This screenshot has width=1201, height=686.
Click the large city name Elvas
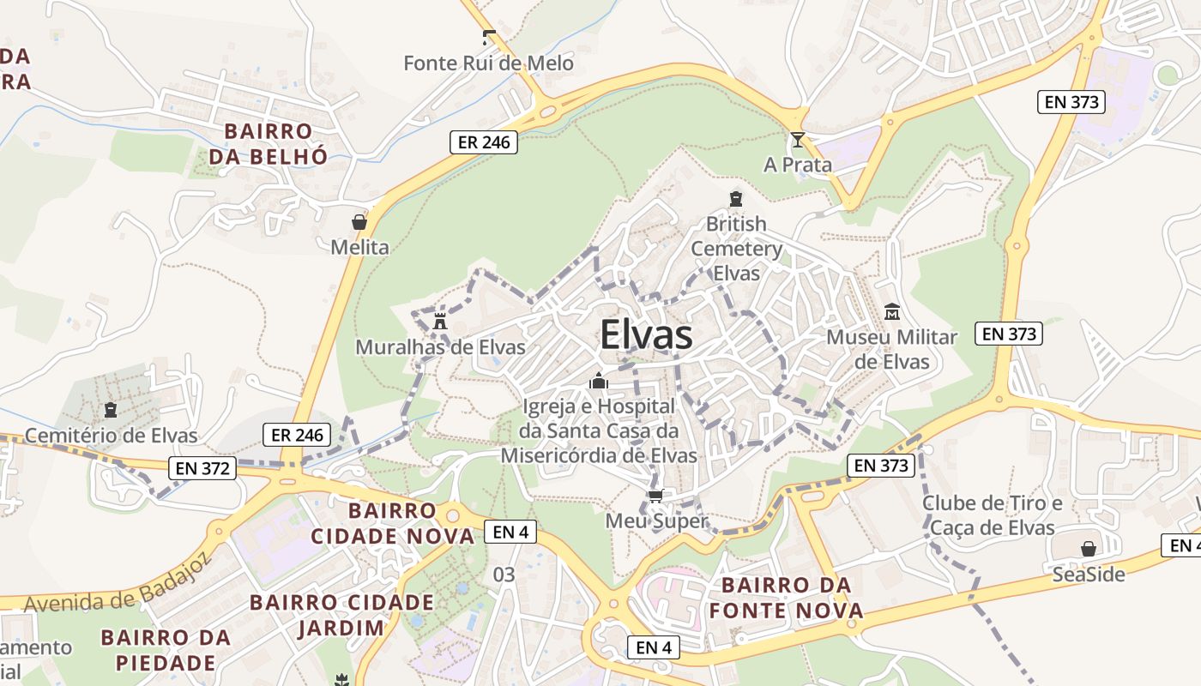pyautogui.click(x=646, y=334)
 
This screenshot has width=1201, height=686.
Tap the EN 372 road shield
pyautogui.click(x=202, y=468)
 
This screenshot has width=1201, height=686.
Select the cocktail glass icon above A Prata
pyautogui.click(x=798, y=139)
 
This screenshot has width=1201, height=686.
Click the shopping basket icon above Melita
pyautogui.click(x=359, y=222)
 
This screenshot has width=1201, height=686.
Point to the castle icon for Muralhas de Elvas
pyautogui.click(x=440, y=322)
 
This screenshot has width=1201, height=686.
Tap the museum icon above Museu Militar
pyautogui.click(x=891, y=311)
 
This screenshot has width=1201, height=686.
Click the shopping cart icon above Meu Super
pyautogui.click(x=656, y=496)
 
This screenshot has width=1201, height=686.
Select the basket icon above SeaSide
pyautogui.click(x=1088, y=548)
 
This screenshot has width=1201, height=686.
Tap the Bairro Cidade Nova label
pyautogui.click(x=392, y=524)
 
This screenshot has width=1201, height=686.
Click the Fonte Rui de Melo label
pyautogui.click(x=488, y=63)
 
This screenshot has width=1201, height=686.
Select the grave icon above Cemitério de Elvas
pyautogui.click(x=110, y=410)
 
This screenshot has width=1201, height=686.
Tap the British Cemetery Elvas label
pyautogui.click(x=736, y=249)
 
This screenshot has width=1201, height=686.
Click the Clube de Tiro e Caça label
pyautogui.click(x=992, y=514)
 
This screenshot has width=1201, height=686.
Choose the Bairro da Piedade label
pyautogui.click(x=166, y=650)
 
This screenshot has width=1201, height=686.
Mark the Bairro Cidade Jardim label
pyautogui.click(x=341, y=615)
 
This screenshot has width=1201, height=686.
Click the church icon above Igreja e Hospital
pyautogui.click(x=598, y=381)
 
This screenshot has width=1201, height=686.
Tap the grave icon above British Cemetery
pyautogui.click(x=735, y=199)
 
